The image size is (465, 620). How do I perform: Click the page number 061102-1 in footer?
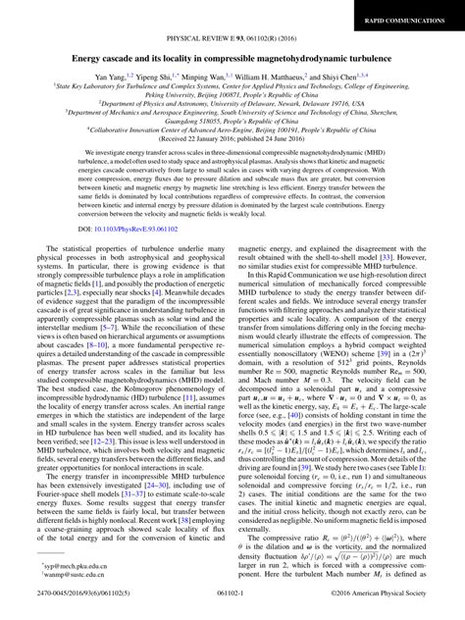click(x=232, y=608)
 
